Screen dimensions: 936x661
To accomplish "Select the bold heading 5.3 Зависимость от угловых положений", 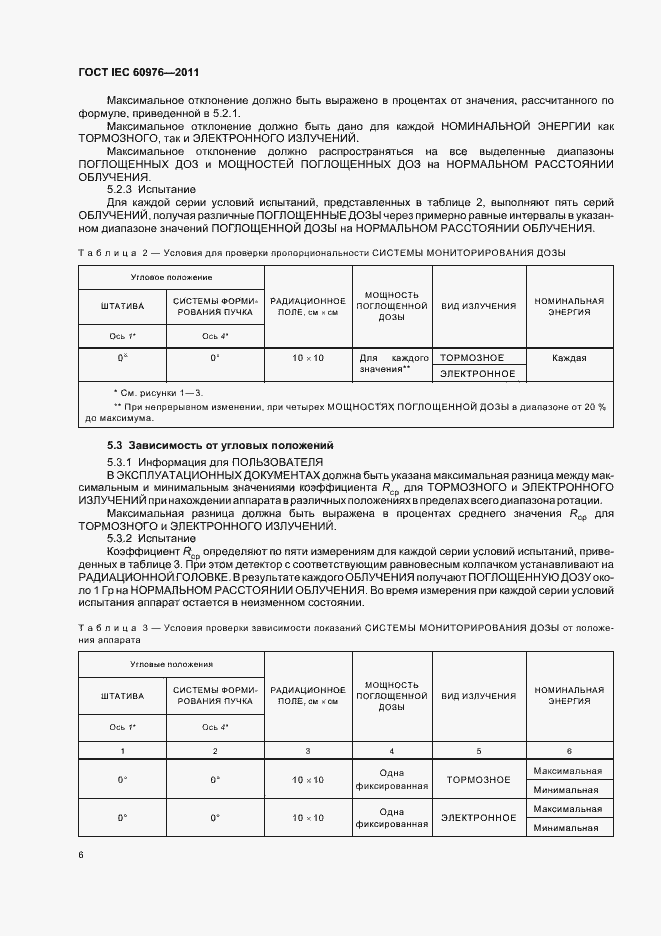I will pyautogui.click(x=220, y=444).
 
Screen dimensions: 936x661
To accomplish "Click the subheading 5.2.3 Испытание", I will pyautogui.click(x=151, y=189).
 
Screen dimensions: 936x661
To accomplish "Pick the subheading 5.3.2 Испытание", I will pyautogui.click(x=151, y=537).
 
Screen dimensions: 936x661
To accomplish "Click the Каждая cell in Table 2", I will pyautogui.click(x=568, y=357).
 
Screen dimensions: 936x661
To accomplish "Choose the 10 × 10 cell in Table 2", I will pyautogui.click(x=308, y=357).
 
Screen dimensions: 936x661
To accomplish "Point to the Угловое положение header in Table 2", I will pyautogui.click(x=171, y=276).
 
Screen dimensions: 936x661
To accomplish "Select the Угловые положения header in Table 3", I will pyautogui.click(x=171, y=663).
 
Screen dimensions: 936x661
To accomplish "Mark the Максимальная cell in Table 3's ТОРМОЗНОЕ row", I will pyautogui.click(x=568, y=771).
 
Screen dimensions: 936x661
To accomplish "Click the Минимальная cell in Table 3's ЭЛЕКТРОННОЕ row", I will pyautogui.click(x=568, y=827).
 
